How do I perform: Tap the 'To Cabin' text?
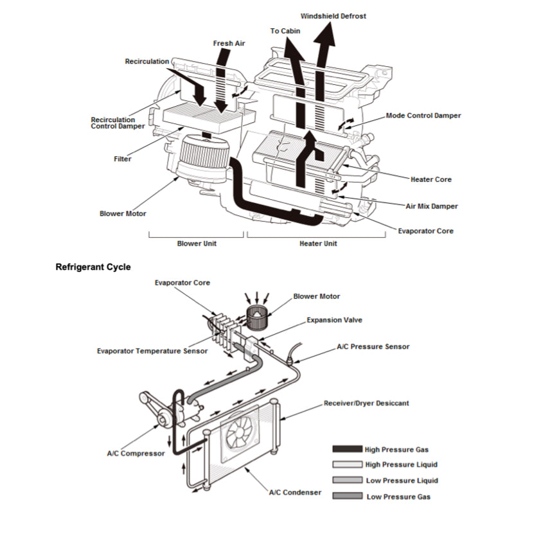point(284,31)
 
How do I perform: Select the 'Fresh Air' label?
point(229,44)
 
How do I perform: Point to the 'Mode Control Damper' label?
point(423,116)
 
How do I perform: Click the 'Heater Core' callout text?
point(430,179)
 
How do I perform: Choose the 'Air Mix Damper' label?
point(432,206)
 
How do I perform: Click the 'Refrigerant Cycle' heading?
point(93,266)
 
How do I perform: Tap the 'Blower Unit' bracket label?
point(197,244)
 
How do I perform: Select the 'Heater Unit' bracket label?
point(318,244)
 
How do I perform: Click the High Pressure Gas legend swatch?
point(347,450)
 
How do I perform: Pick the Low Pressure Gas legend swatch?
point(347,496)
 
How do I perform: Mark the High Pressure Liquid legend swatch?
point(347,465)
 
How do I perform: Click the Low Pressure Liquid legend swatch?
point(347,481)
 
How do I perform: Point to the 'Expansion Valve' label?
point(333,319)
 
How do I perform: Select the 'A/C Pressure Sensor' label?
point(373,347)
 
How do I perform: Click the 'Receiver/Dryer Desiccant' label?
point(366,404)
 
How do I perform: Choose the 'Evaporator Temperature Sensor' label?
point(152,351)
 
